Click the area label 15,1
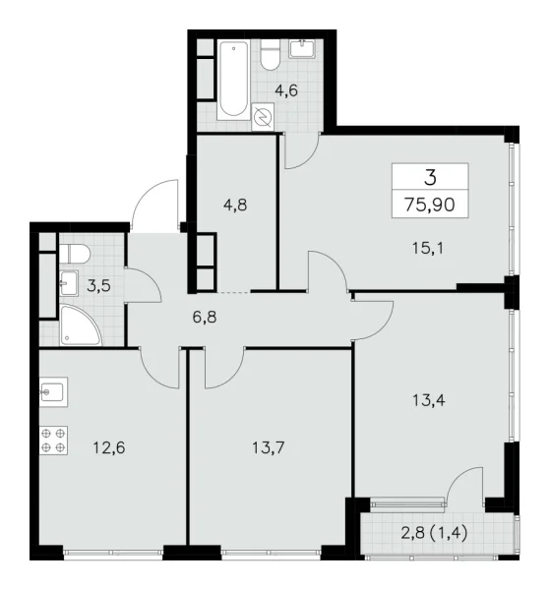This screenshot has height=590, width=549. [426, 249]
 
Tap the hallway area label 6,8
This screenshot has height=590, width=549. [206, 318]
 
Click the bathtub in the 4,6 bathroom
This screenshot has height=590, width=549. [233, 78]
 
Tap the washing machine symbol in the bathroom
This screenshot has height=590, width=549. [263, 118]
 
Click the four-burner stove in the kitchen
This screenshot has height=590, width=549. [54, 440]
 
